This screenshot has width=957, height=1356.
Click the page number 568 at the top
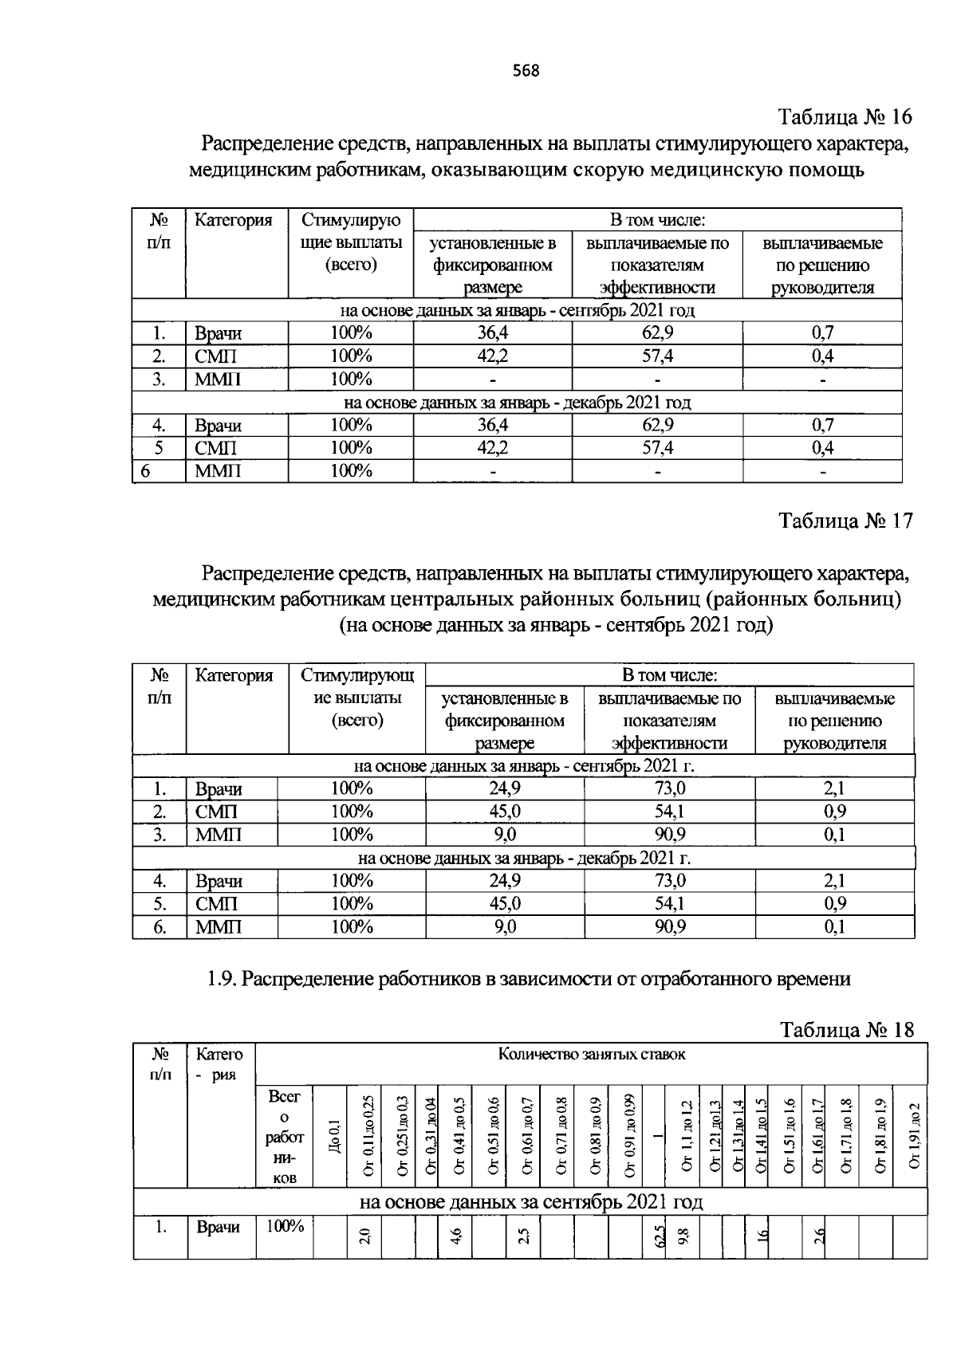pyautogui.click(x=526, y=71)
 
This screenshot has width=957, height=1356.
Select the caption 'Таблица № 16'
pyautogui.click(x=845, y=117)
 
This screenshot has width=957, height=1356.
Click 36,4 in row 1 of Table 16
pyautogui.click(x=492, y=333)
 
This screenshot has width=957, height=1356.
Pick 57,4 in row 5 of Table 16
pyautogui.click(x=657, y=448)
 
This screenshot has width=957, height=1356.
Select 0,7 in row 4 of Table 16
pyautogui.click(x=822, y=425)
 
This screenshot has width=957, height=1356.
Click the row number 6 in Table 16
pyautogui.click(x=145, y=471)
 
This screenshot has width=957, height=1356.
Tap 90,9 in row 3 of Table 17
pyautogui.click(x=669, y=835)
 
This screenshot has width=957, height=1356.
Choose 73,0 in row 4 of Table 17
pyautogui.click(x=669, y=881)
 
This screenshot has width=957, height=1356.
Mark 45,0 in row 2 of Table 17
pyautogui.click(x=504, y=812)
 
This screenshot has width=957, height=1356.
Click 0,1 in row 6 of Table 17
pyautogui.click(x=834, y=926)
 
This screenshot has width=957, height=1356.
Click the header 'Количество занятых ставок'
pyautogui.click(x=591, y=1055)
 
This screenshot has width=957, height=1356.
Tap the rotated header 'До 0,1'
pyautogui.click(x=336, y=1135)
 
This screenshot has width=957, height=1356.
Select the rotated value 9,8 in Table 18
pyautogui.click(x=683, y=1237)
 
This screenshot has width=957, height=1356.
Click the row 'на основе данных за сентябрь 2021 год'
pyautogui.click(x=530, y=1201)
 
